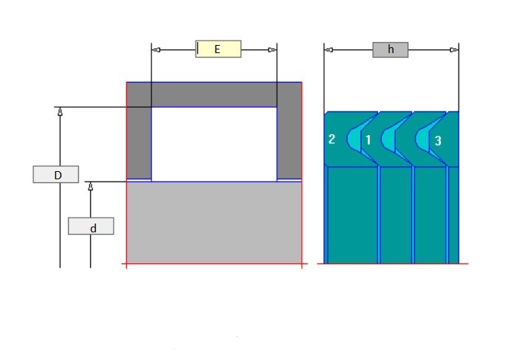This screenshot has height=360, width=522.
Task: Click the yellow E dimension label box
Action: click(x=219, y=49)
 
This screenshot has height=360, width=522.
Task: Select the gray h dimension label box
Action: click(x=391, y=49)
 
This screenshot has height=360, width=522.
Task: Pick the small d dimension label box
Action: click(x=91, y=226)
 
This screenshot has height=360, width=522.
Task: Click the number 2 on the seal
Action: click(x=332, y=139)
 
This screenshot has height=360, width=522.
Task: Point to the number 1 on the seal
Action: click(x=368, y=139)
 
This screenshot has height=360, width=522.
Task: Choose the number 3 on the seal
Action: click(x=438, y=139)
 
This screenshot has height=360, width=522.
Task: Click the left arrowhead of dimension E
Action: click(x=156, y=49)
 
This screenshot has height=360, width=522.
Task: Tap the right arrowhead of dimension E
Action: click(x=272, y=49)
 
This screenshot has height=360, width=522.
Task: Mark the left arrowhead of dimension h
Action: click(x=329, y=49)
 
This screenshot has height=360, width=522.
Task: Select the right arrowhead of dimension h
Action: click(x=454, y=49)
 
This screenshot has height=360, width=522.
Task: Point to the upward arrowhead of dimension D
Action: click(x=60, y=111)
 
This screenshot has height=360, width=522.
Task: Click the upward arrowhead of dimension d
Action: click(x=91, y=186)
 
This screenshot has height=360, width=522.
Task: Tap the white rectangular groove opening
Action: click(x=214, y=144)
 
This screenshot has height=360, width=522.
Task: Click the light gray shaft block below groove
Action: click(x=214, y=221)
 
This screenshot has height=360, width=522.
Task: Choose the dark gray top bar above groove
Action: click(x=214, y=94)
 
